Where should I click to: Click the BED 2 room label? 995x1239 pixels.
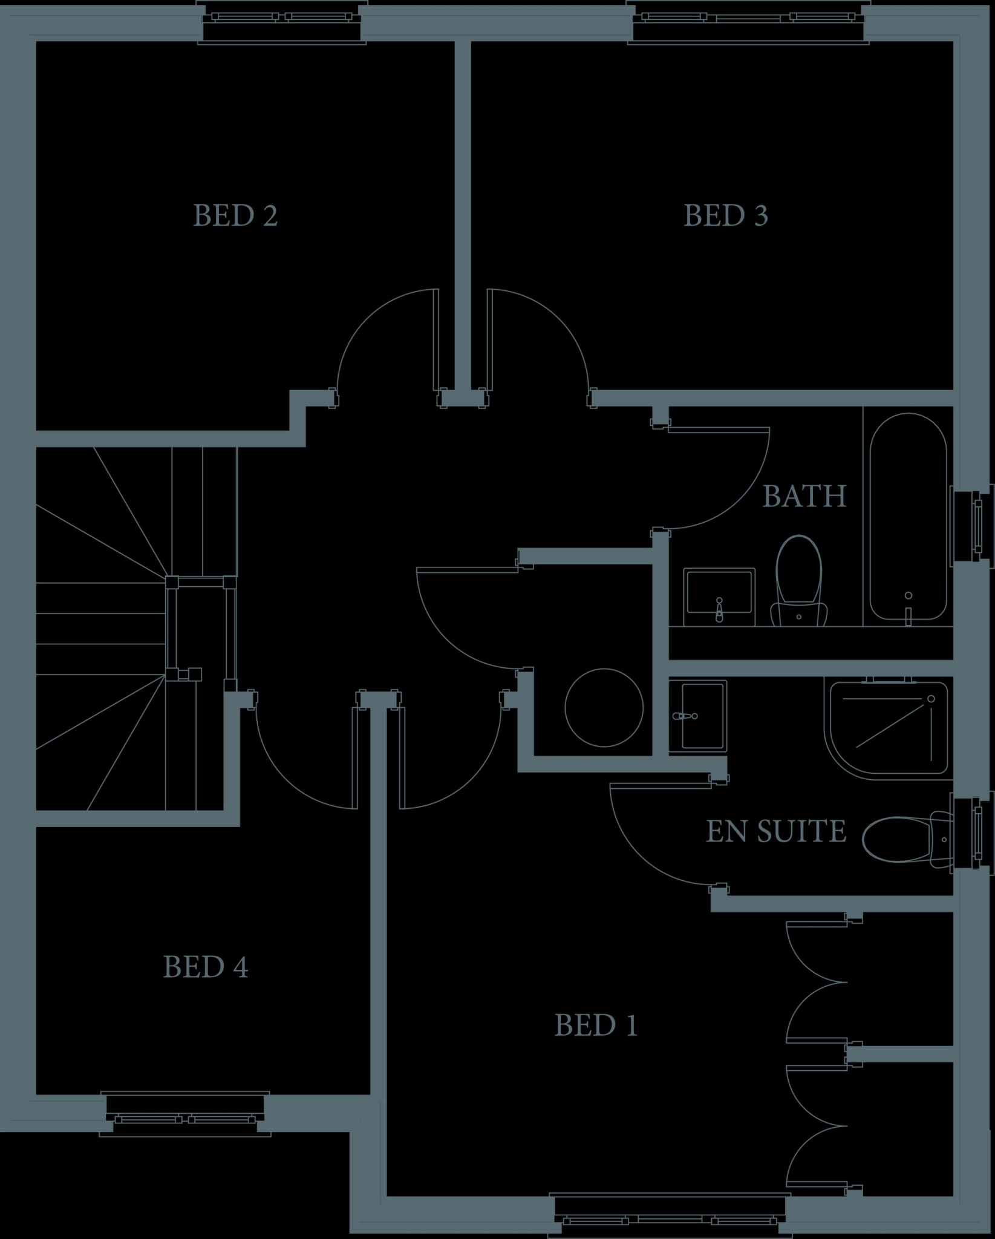coord(235,216)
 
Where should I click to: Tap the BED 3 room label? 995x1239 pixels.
coord(725,216)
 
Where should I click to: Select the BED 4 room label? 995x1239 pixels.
coord(206,967)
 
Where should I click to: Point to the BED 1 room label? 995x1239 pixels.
coord(596,1025)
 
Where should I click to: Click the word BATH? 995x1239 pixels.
coord(804,496)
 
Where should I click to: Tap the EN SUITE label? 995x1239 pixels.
coord(775,831)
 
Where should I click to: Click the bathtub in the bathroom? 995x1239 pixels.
coord(908,516)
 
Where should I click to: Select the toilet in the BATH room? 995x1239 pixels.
coord(799,581)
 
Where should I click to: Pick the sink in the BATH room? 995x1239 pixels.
coord(719,597)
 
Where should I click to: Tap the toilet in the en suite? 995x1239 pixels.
coord(905,839)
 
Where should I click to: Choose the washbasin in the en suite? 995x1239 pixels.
coord(698,716)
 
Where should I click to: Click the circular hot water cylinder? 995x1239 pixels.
coord(604,707)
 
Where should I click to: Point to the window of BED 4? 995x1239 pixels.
coord(185,1114)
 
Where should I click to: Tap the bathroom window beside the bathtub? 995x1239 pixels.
coord(971,525)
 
